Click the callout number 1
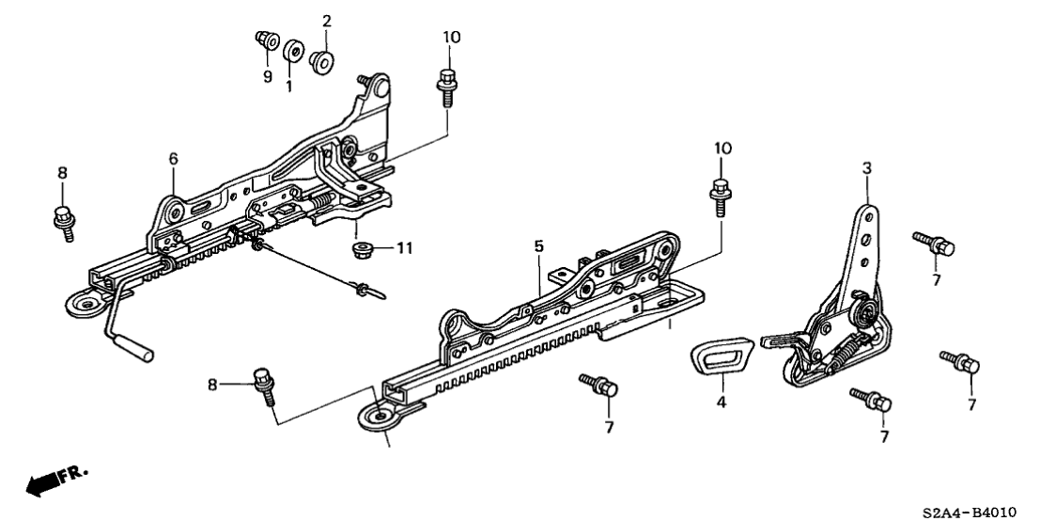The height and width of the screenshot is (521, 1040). (x=289, y=86)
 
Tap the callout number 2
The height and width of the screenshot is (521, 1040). (x=327, y=21)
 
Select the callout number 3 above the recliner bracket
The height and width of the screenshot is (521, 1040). (x=866, y=168)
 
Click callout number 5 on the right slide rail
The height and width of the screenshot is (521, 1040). (x=538, y=246)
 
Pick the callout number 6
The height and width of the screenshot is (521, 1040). (x=173, y=159)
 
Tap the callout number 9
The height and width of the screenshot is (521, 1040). (x=267, y=75)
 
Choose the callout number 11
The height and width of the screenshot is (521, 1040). (x=404, y=248)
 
